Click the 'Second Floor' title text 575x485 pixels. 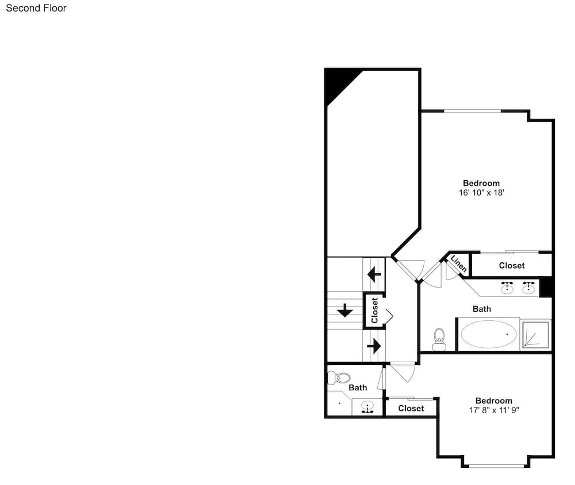coord(36,8)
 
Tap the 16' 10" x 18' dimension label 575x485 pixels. coord(481,192)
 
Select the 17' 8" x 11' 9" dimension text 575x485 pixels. coord(494,410)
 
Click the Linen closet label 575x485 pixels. coord(459,263)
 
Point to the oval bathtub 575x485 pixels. coord(488,334)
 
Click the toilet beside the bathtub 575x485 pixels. coord(439,340)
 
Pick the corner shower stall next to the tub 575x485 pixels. coord(536,335)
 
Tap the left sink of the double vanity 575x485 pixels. coord(507,288)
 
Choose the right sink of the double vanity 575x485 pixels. coord(528,288)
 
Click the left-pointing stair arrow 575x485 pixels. coord(374,274)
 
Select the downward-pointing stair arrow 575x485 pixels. coord(344,311)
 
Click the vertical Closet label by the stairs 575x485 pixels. coord(374,311)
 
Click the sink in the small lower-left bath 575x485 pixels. coord(367,407)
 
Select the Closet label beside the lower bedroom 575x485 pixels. coord(411,409)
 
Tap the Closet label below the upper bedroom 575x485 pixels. coord(512,265)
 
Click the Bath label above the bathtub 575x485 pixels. coord(482,309)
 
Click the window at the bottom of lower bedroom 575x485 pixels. coord(497,466)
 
